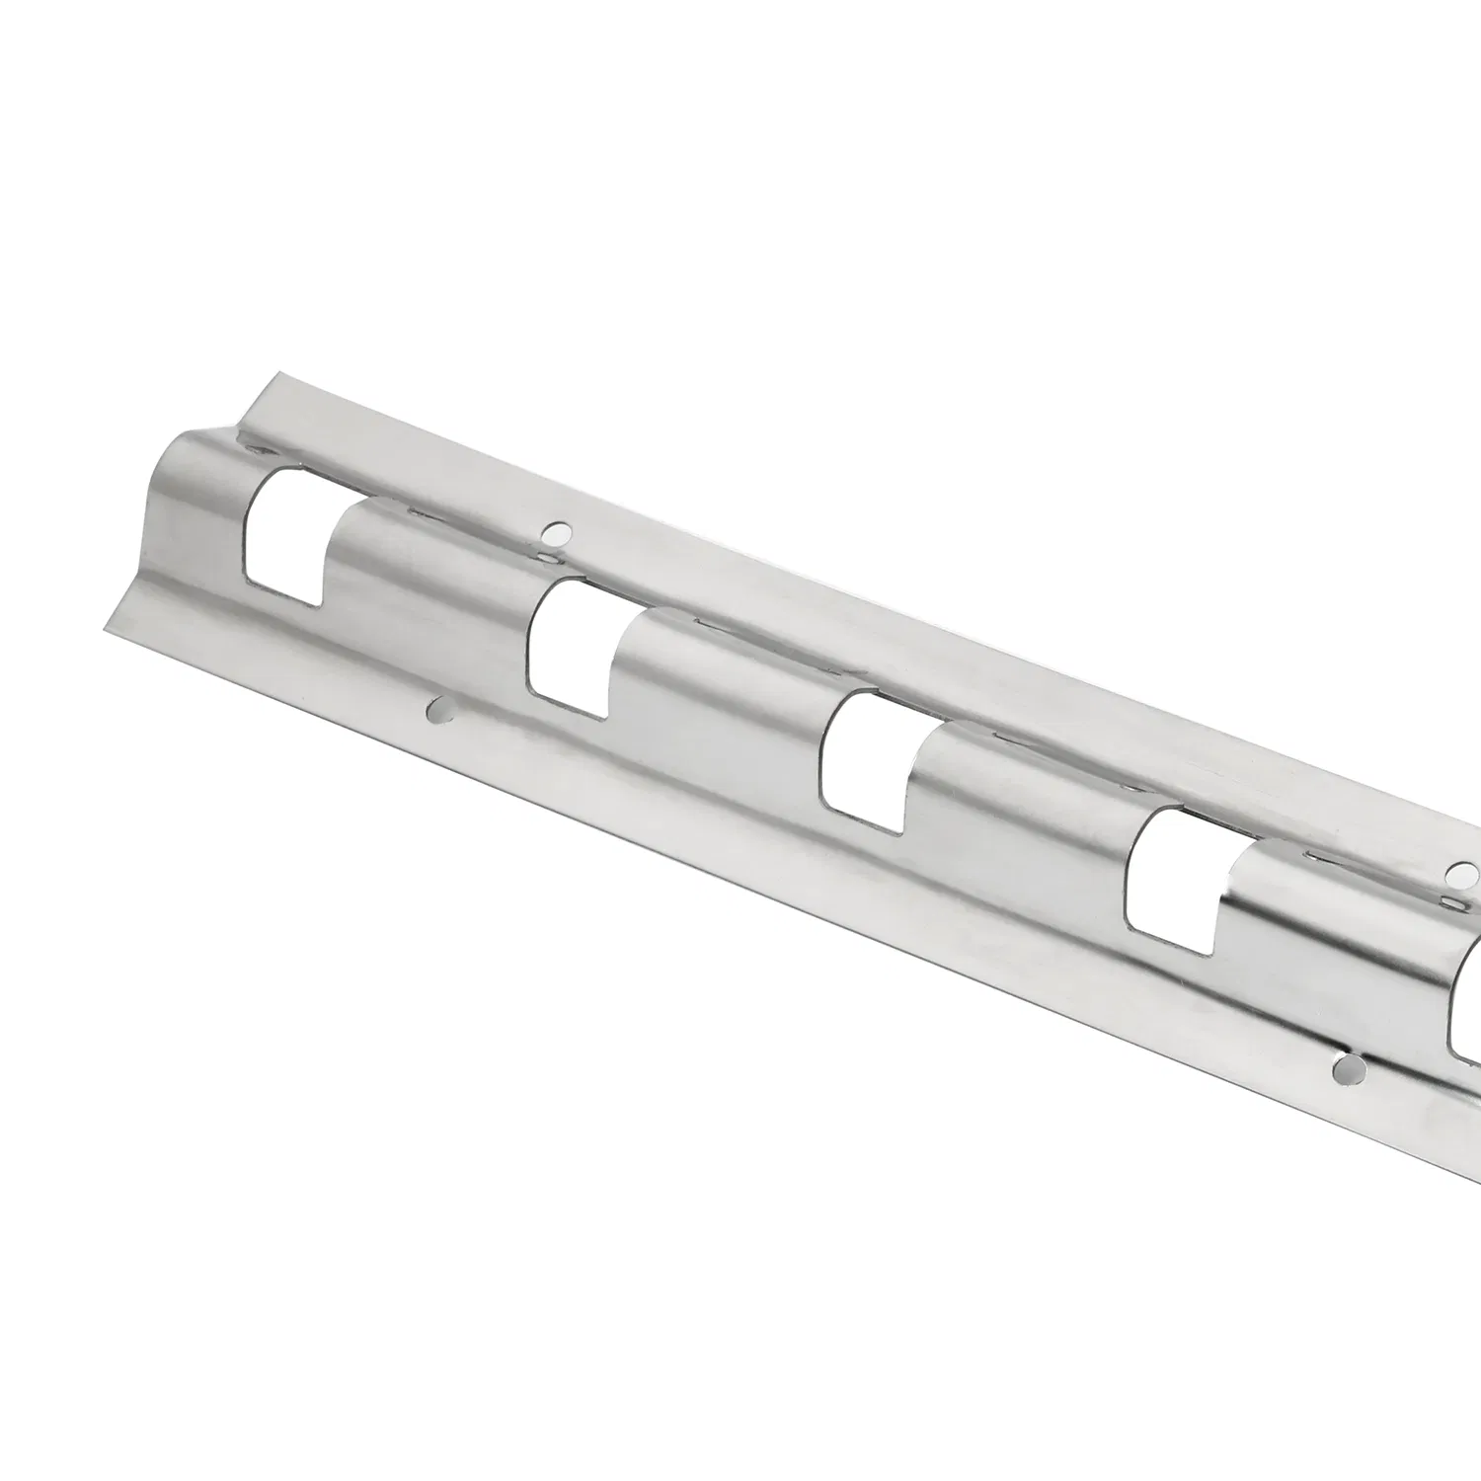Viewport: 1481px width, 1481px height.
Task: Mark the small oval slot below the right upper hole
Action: pyautogui.click(x=1453, y=900)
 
